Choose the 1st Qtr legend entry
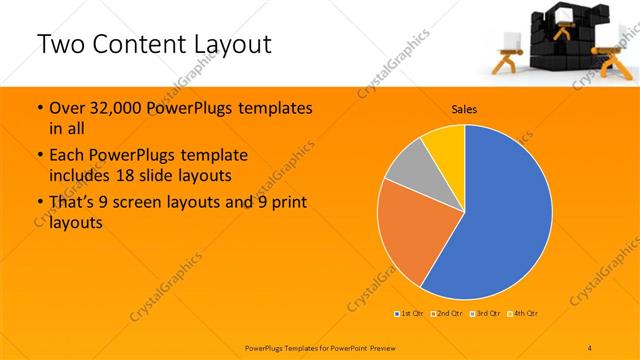[409, 314]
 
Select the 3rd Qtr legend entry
[486, 314]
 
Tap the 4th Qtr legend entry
[525, 314]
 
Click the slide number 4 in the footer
[590, 347]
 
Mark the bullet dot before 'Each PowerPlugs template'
[39, 155]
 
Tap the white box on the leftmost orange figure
[509, 40]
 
